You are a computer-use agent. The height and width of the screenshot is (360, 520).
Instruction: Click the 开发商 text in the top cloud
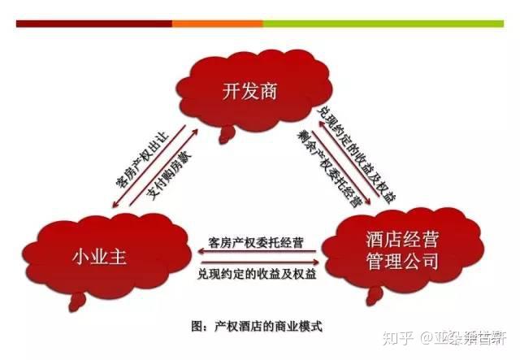[249, 91]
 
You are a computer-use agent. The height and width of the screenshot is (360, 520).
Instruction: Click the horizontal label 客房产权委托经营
[258, 241]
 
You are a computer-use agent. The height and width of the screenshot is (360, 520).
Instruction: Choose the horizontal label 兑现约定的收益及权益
[258, 274]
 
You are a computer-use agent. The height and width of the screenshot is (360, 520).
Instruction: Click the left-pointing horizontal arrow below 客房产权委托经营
[258, 254]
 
